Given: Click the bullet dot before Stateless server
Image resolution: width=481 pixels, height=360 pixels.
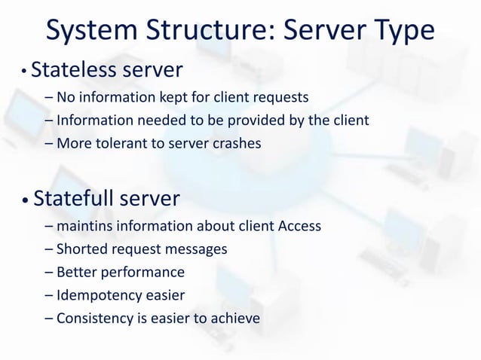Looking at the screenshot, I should point(24,72).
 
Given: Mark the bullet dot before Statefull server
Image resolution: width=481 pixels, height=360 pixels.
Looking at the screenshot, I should point(24,200).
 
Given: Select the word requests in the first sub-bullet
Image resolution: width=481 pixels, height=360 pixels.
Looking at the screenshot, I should point(283,96).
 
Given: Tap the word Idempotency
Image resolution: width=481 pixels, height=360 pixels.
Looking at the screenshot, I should point(96,295).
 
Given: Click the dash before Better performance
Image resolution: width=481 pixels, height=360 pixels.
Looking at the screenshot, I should point(49,272).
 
